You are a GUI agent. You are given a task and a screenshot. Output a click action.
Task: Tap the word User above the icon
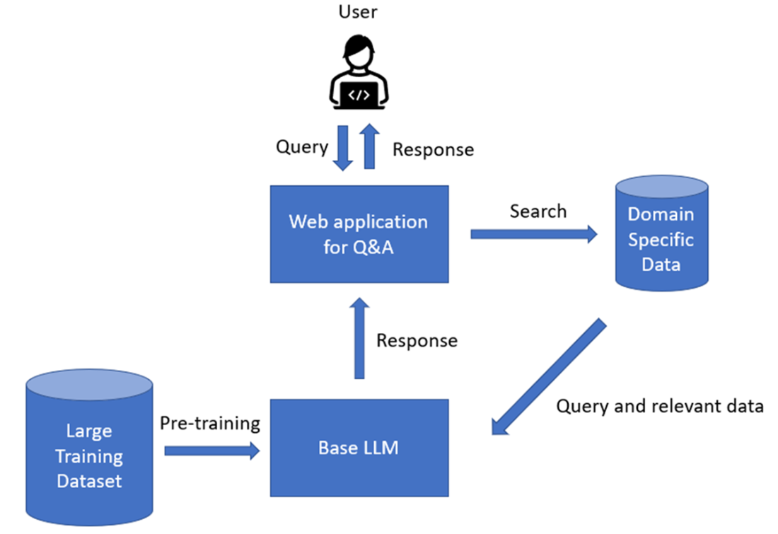(x=359, y=11)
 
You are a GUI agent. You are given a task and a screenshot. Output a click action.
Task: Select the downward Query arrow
(x=343, y=148)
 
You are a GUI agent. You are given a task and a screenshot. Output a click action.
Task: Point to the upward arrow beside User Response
(x=369, y=148)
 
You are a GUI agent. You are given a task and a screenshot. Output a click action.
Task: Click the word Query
(x=301, y=147)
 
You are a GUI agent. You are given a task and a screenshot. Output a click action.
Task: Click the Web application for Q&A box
(x=359, y=233)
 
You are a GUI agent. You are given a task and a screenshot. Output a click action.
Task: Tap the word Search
(x=538, y=211)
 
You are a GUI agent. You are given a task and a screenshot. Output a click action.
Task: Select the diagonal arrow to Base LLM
(x=548, y=378)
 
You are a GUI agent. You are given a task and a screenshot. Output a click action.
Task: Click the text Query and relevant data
(x=660, y=406)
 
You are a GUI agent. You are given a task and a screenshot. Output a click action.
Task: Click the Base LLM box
(x=359, y=448)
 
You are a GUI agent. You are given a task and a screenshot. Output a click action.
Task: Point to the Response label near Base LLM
(x=417, y=340)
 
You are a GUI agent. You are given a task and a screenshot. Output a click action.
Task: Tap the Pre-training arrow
(x=212, y=451)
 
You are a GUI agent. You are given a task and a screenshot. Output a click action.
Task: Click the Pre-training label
(x=210, y=424)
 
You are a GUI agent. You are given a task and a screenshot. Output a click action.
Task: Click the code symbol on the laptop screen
(x=359, y=94)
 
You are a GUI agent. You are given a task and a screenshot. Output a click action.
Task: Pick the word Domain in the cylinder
(x=661, y=214)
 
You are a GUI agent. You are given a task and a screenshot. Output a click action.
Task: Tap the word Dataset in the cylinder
(x=89, y=482)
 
